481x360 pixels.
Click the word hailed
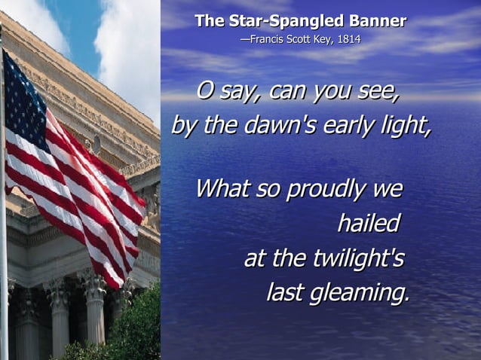click(368, 224)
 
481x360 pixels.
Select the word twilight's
click(357, 258)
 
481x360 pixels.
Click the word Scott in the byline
click(297, 39)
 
